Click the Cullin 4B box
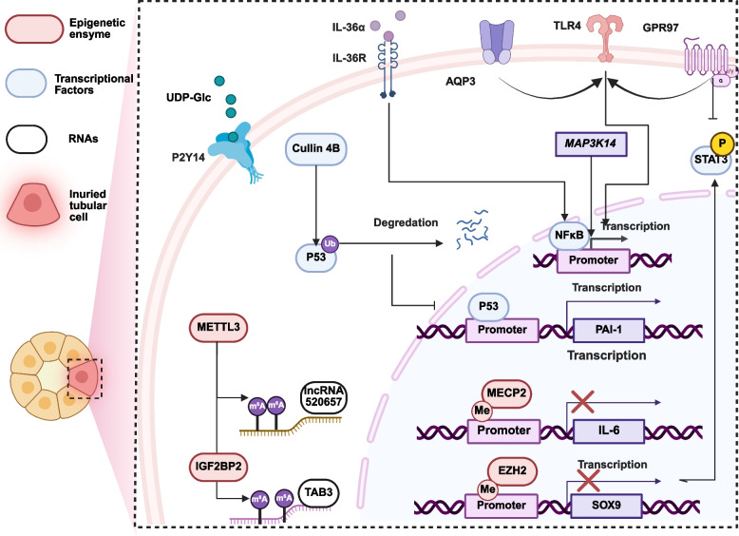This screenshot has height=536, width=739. click(x=315, y=149)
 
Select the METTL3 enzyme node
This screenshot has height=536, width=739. click(x=218, y=328)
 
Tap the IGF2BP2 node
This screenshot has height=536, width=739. click(x=218, y=467)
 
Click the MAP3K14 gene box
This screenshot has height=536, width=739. click(x=591, y=144)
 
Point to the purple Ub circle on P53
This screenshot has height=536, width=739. click(x=330, y=243)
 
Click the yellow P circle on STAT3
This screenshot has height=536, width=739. click(x=722, y=144)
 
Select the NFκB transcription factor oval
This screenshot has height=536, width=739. click(x=569, y=235)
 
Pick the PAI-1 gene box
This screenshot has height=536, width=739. click(x=609, y=330)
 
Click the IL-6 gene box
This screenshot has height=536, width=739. click(x=609, y=431)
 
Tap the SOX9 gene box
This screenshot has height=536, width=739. click(x=607, y=506)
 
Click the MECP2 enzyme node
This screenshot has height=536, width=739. click(x=506, y=393)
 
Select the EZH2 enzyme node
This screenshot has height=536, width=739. click(x=512, y=471)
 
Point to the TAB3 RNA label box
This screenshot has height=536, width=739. click(x=318, y=493)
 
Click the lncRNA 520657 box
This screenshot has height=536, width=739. click(x=323, y=397)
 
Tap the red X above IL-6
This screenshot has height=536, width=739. click(x=582, y=402)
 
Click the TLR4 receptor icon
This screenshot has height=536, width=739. click(x=606, y=38)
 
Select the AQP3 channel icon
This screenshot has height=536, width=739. click(x=496, y=42)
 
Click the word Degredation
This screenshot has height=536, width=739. click(x=406, y=222)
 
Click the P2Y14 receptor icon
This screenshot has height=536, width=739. click(x=234, y=147)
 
